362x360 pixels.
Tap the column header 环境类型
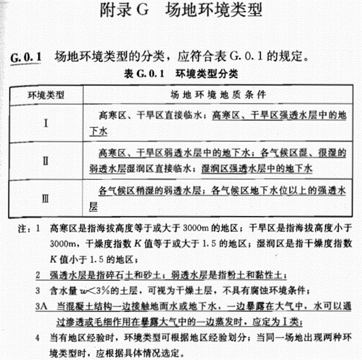(x=45, y=95)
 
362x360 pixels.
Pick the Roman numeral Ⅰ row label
(x=45, y=122)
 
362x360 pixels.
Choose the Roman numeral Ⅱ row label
(x=45, y=161)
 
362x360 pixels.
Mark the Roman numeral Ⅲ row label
(x=45, y=198)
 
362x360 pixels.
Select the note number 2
(x=38, y=276)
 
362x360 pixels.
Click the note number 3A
(x=41, y=306)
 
